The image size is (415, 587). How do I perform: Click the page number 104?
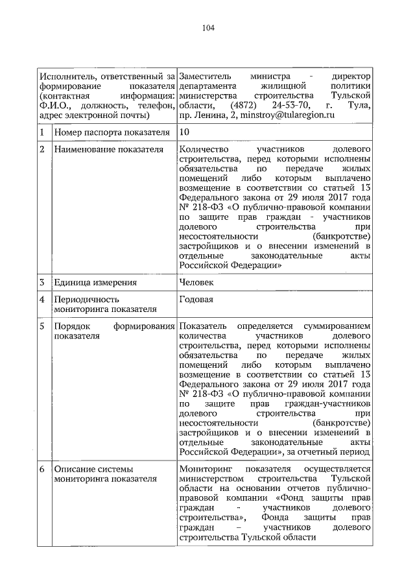(207, 28)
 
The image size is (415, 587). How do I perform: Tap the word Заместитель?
(205, 77)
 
